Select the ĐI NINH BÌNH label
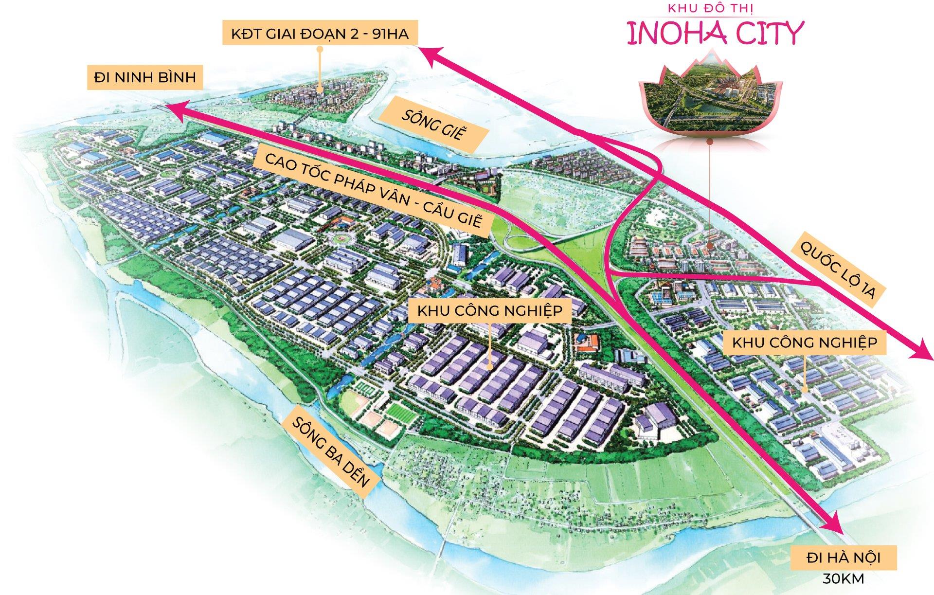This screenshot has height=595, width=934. [x=145, y=77]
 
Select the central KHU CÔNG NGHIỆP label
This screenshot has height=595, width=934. [x=489, y=310]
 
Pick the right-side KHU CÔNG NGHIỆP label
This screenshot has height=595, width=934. [x=805, y=343]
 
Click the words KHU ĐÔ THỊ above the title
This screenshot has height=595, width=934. [x=714, y=8]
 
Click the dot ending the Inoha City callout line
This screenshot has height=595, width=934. [x=711, y=246]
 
